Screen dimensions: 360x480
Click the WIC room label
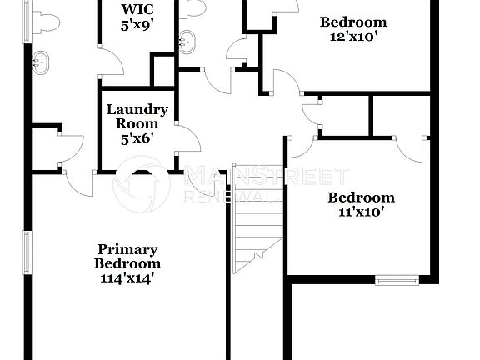point(136,10)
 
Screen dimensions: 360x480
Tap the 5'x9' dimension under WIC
point(136,26)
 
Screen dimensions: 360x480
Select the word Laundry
point(137,109)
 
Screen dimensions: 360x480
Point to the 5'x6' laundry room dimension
point(137,137)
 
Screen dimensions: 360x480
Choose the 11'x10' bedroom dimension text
point(361,212)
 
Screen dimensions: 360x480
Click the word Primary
point(127,248)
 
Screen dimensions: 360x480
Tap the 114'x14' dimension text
point(127,278)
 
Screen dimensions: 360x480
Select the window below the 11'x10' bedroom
point(396,280)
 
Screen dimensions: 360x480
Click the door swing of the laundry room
point(187,140)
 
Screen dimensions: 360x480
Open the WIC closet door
point(111,62)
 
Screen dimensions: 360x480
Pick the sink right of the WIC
point(187,39)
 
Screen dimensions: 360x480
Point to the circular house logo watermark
point(142,187)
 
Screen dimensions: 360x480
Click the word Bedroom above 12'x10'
point(353,22)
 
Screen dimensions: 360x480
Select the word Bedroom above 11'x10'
point(361,197)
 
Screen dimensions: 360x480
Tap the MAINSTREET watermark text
point(266,176)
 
